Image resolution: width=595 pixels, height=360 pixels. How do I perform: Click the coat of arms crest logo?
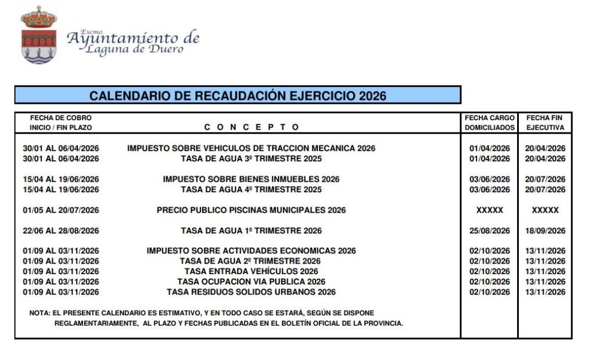(x=38, y=36)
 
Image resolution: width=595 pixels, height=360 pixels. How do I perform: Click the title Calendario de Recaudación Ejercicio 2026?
(x=238, y=96)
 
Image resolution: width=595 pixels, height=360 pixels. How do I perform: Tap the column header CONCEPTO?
(x=252, y=127)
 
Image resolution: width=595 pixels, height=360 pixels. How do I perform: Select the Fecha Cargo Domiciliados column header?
(x=489, y=123)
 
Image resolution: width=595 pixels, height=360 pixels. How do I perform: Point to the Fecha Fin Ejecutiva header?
(x=545, y=123)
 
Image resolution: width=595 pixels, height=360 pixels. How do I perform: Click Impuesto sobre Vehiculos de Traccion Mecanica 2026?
(x=251, y=148)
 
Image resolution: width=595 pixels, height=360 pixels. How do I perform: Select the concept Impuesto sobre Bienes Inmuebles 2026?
(x=251, y=179)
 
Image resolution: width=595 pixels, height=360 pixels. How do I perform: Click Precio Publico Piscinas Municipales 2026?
(x=251, y=210)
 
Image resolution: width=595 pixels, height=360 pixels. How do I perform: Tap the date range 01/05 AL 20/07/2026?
(x=61, y=210)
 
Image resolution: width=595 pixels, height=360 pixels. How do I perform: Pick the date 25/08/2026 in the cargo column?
(x=489, y=231)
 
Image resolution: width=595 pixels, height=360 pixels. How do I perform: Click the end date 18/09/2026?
(x=545, y=231)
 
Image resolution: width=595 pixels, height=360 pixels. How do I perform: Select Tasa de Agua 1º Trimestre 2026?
(x=251, y=231)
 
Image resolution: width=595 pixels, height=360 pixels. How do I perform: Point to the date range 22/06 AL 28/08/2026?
(x=61, y=231)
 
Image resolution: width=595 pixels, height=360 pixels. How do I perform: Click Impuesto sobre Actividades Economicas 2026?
(x=251, y=251)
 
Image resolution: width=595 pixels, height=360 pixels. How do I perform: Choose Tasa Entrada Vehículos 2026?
(x=251, y=271)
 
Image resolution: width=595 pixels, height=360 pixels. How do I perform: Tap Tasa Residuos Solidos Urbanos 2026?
(x=251, y=292)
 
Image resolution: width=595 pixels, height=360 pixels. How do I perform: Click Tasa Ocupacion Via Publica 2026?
(x=251, y=282)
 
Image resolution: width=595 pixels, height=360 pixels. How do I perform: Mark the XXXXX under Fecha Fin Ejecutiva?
(x=545, y=210)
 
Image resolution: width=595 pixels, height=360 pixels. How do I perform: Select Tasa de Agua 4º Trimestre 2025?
(x=251, y=190)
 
